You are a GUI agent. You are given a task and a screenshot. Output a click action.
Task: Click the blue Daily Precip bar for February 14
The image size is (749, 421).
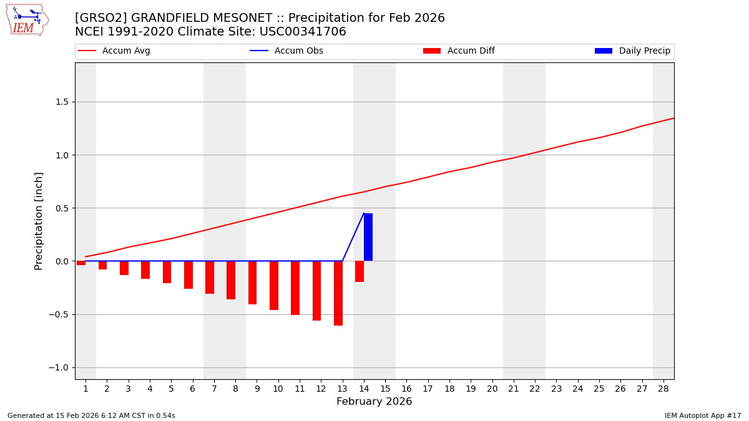[x=368, y=237]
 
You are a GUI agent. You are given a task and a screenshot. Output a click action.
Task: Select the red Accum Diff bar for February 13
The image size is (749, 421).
[x=338, y=293]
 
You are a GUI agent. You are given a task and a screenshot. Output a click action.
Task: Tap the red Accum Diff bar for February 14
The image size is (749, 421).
[x=360, y=271]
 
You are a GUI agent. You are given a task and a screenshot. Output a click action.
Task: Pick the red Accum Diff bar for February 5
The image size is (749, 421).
[x=167, y=272]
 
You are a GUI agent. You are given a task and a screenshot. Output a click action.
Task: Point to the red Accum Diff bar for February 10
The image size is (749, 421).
[x=274, y=285]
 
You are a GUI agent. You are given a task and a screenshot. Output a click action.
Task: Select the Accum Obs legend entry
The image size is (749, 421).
[x=286, y=51]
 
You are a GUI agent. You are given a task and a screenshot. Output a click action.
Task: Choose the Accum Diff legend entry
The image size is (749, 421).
[x=459, y=51]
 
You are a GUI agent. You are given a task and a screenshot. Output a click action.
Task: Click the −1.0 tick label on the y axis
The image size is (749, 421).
[x=59, y=367]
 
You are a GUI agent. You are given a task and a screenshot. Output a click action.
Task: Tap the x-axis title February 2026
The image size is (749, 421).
[x=374, y=402]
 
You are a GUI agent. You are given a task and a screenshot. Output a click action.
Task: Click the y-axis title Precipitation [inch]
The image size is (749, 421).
[x=39, y=221]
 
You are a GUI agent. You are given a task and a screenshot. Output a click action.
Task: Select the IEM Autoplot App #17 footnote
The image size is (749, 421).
[x=702, y=415]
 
